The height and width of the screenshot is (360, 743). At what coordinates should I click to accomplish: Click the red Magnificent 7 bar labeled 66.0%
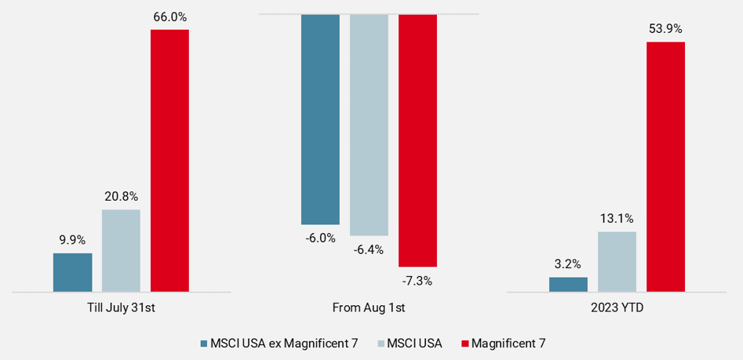[x=169, y=161]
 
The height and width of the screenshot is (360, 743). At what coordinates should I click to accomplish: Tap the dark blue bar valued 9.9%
[x=72, y=272]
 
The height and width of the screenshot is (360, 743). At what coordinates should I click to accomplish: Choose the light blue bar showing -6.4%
[x=369, y=125]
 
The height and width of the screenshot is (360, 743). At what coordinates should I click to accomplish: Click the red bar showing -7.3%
[x=417, y=140]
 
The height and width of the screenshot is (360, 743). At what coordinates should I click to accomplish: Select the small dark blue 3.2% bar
[x=568, y=285]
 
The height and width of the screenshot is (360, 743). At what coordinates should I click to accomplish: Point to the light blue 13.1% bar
[x=617, y=262]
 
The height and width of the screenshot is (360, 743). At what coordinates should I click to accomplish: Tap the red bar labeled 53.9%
[x=665, y=167]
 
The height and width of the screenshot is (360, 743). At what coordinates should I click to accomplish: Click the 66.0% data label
[x=169, y=16]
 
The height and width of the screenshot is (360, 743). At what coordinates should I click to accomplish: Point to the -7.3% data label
[x=417, y=280]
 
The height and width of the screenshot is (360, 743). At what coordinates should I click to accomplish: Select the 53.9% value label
[x=665, y=28]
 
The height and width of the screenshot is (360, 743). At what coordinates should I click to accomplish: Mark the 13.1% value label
[x=617, y=218]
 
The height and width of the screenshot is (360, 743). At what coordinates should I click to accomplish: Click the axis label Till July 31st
[x=121, y=307]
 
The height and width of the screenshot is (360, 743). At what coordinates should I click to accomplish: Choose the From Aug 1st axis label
[x=369, y=307]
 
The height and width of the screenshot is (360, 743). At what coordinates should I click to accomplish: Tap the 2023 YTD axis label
[x=617, y=307]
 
